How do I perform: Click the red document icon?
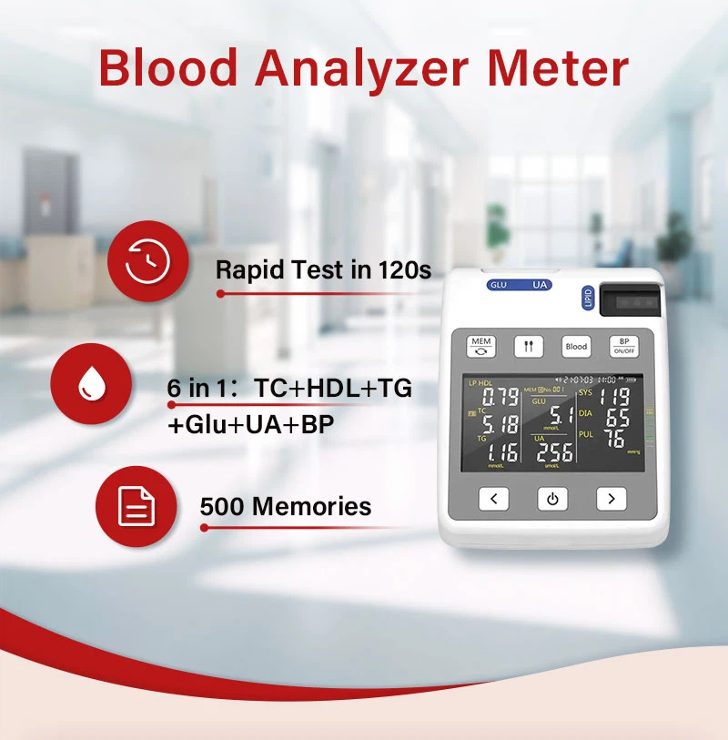pyautogui.click(x=136, y=506)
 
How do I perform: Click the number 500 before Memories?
pyautogui.click(x=222, y=506)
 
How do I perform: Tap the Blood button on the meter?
pyautogui.click(x=576, y=347)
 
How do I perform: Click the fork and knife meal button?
pyautogui.click(x=529, y=347)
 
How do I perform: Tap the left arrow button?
pyautogui.click(x=493, y=499)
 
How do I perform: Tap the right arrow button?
pyautogui.click(x=612, y=499)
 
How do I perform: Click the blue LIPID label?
pyautogui.click(x=587, y=299)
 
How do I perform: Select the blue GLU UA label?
pyautogui.click(x=519, y=285)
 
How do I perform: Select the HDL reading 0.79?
pyautogui.click(x=500, y=397)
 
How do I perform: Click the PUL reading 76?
pyautogui.click(x=616, y=439)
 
